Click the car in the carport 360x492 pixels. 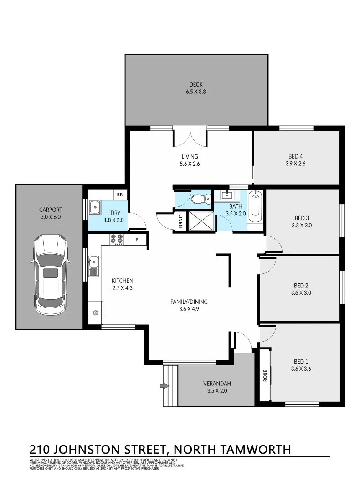pyautogui.click(x=50, y=275)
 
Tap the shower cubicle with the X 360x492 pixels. pyautogui.click(x=199, y=220)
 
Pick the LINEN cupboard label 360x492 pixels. pyautogui.click(x=180, y=221)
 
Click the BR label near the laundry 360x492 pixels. pyautogui.click(x=120, y=195)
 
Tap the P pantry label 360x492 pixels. pyautogui.click(x=136, y=239)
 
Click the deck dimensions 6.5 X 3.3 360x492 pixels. pyautogui.click(x=196, y=92)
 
